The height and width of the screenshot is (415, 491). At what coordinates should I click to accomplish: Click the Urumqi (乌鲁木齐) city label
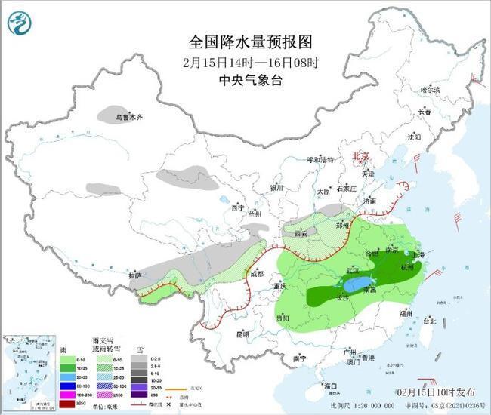tap(129, 118)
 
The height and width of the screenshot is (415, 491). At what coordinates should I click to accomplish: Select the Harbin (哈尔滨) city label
tap(429, 90)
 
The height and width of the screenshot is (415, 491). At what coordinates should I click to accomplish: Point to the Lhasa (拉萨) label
tap(134, 276)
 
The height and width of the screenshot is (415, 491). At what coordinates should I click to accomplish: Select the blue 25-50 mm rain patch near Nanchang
tap(354, 286)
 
